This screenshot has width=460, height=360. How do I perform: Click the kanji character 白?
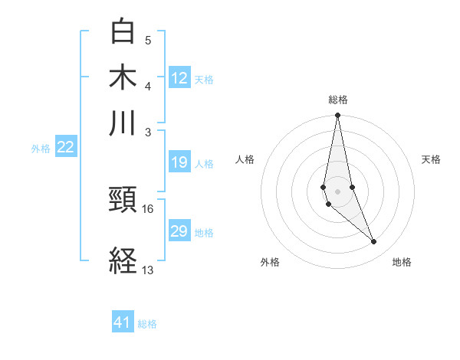tap(123, 31)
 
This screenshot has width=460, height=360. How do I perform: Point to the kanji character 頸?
tap(123, 201)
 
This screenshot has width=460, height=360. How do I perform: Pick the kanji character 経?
tap(123, 261)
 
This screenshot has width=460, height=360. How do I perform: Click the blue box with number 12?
tap(179, 78)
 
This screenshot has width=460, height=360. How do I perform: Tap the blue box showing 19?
tap(179, 162)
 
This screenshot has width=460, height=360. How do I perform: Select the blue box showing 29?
tap(179, 231)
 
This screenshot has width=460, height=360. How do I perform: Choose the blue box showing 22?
tap(65, 148)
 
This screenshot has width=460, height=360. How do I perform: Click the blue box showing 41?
tap(123, 322)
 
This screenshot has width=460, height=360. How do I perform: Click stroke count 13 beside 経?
tap(148, 270)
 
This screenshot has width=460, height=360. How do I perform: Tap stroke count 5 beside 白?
tap(148, 40)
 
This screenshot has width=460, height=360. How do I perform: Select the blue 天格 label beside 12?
tap(204, 79)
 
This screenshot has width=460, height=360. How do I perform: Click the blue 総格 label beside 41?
tap(147, 324)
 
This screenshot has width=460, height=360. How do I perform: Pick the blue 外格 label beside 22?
tap(41, 149)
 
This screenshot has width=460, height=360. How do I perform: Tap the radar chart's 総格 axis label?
tap(337, 100)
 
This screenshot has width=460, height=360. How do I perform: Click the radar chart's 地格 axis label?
tap(402, 262)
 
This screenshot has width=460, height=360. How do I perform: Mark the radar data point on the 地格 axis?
tap(374, 242)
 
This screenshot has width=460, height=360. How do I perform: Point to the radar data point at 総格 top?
tap(337, 116)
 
